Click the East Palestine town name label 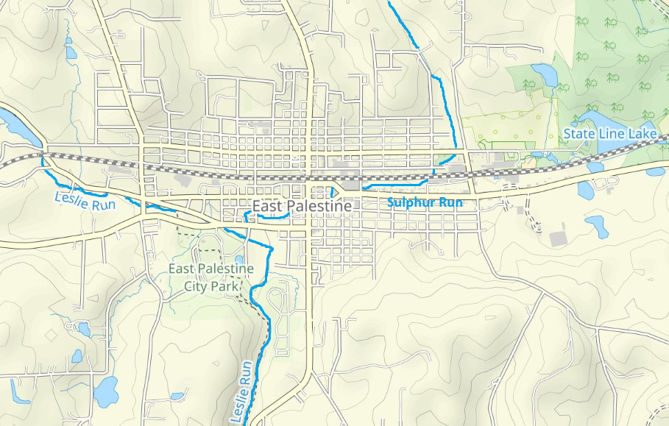coord(302,207)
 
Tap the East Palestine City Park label coord(210,277)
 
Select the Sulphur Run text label coord(425,202)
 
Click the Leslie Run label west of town coord(85,200)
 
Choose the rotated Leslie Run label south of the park coord(244,391)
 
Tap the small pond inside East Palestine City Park coord(238,260)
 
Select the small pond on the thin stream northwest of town coord(71,52)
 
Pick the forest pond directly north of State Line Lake coord(545,74)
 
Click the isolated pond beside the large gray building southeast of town coord(596,226)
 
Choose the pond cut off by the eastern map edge coord(656,171)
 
